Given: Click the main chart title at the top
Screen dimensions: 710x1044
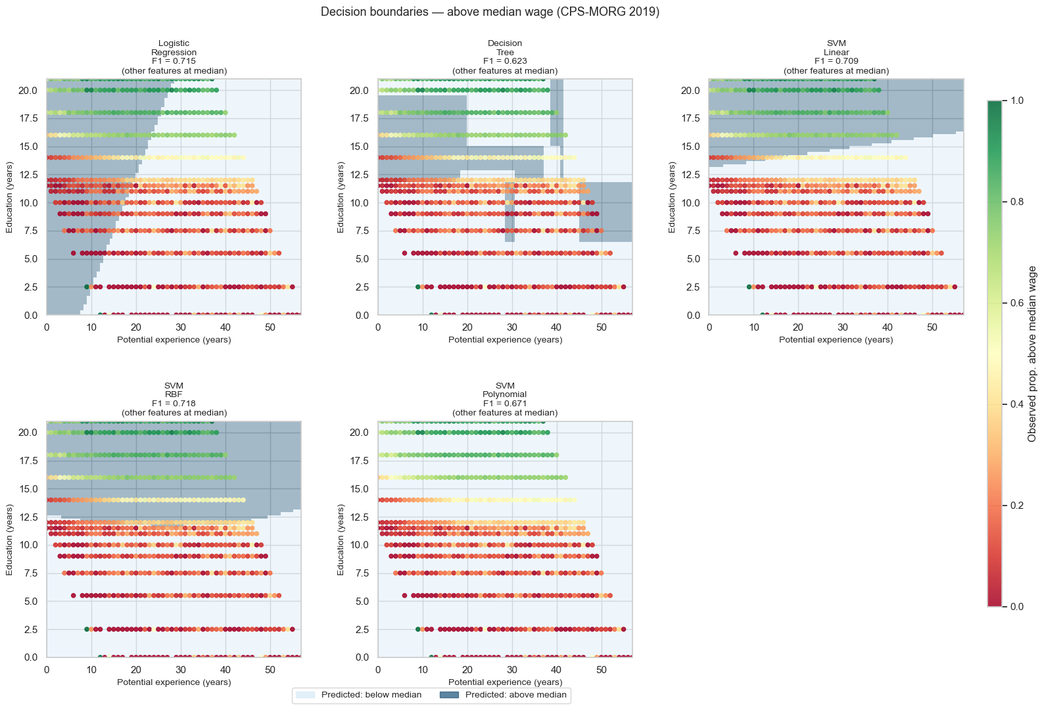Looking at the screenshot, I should pyautogui.click(x=490, y=12).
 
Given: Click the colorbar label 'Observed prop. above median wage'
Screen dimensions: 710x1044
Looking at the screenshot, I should pyautogui.click(x=1032, y=354).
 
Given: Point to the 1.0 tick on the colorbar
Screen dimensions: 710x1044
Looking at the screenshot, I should pyautogui.click(x=1016, y=101).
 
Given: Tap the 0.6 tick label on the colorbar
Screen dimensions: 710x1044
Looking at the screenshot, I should pyautogui.click(x=1016, y=303).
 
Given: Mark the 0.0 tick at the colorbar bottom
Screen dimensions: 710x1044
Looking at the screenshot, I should pyautogui.click(x=1016, y=606).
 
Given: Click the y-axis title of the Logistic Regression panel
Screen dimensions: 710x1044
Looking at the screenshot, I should pyautogui.click(x=10, y=197).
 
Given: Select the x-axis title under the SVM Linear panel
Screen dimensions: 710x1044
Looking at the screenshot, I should pyautogui.click(x=836, y=340).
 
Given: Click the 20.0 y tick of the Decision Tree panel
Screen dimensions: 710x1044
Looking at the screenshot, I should pyautogui.click(x=358, y=91).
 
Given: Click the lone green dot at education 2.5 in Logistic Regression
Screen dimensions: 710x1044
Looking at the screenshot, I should pyautogui.click(x=87, y=287).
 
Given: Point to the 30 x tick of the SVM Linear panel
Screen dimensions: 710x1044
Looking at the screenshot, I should pyautogui.click(x=843, y=327).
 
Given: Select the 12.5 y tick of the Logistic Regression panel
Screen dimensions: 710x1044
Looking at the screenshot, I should pyautogui.click(x=27, y=175).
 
